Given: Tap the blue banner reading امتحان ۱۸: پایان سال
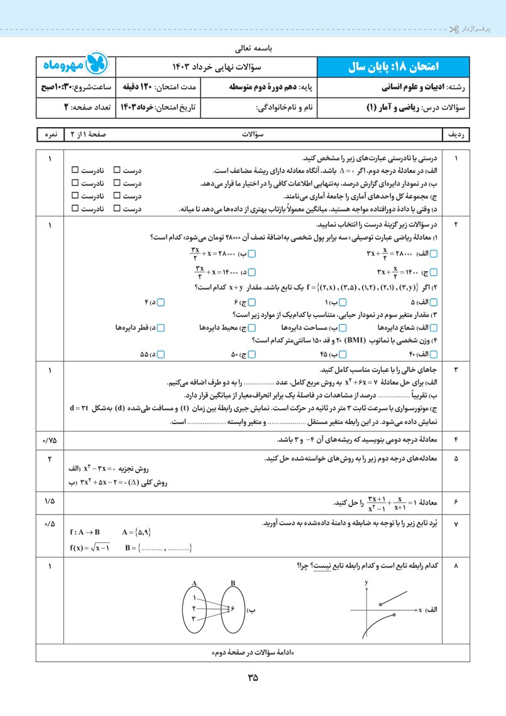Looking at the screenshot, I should pos(391,66).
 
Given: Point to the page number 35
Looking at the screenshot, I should pos(253,678).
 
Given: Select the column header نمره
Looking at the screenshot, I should pos(50,135).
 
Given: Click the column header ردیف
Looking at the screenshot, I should pos(456,135).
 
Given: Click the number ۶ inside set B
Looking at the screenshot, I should pos(232,609).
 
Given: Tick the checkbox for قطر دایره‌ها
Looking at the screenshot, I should pos(162,328).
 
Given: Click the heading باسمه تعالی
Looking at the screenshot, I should pos(253,47).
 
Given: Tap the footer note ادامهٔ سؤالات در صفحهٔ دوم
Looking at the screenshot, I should pos(253,652).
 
